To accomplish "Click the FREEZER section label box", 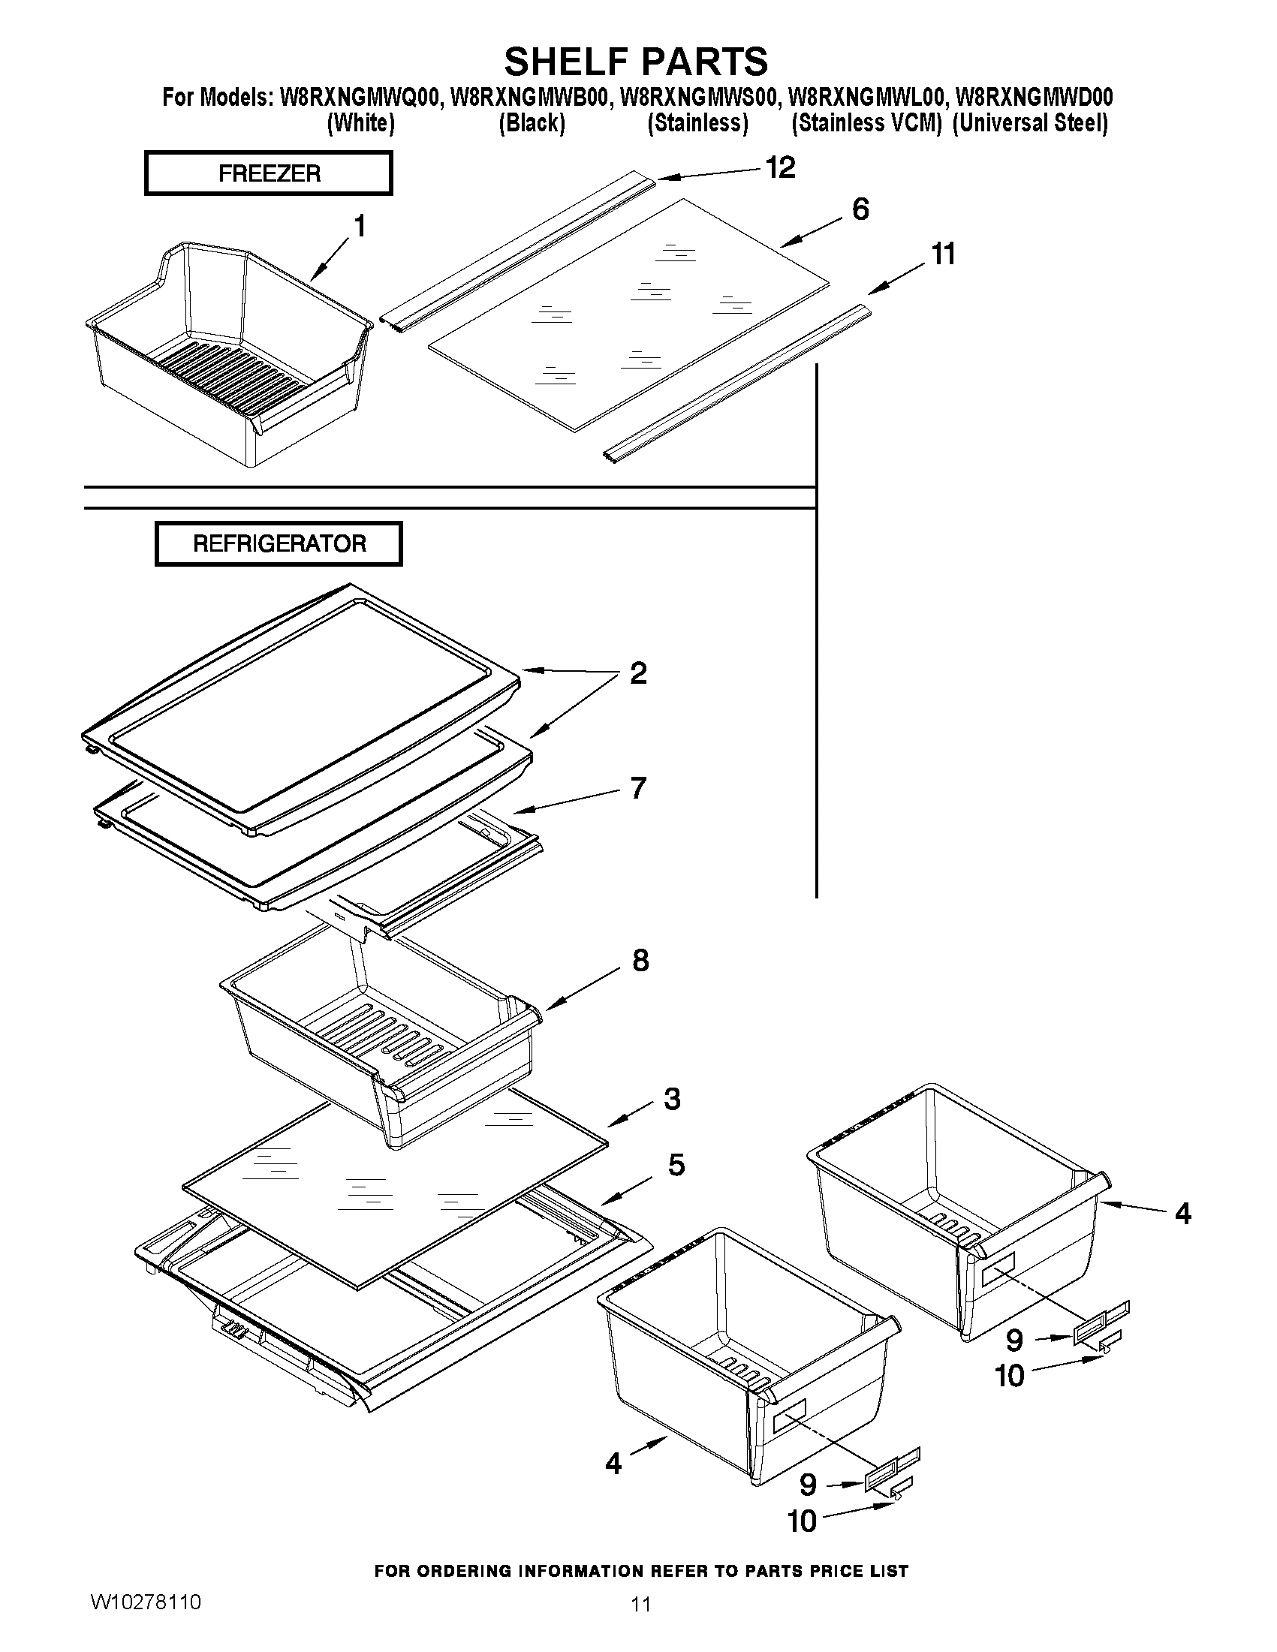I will [x=269, y=173].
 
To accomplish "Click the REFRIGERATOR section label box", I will [x=279, y=543].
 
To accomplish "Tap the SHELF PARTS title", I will [x=636, y=61].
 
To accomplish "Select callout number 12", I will [x=780, y=167].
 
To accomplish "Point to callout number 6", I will [x=860, y=209].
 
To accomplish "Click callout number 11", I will [x=943, y=254].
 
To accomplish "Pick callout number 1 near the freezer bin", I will [x=360, y=225].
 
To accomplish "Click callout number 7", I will [x=638, y=787].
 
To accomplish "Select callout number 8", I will [x=640, y=960].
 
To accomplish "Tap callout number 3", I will [x=672, y=1098].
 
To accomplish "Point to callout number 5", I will [x=676, y=1165].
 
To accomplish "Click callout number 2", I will [x=638, y=673].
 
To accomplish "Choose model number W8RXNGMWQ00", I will [x=361, y=98].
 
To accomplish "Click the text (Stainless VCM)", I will [x=866, y=123].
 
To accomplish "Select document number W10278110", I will [x=145, y=1601].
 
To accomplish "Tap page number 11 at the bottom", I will [x=641, y=1604].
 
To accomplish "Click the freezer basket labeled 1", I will [x=227, y=356].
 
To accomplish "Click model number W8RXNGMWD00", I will [x=1035, y=98].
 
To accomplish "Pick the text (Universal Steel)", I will [x=1030, y=123].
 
